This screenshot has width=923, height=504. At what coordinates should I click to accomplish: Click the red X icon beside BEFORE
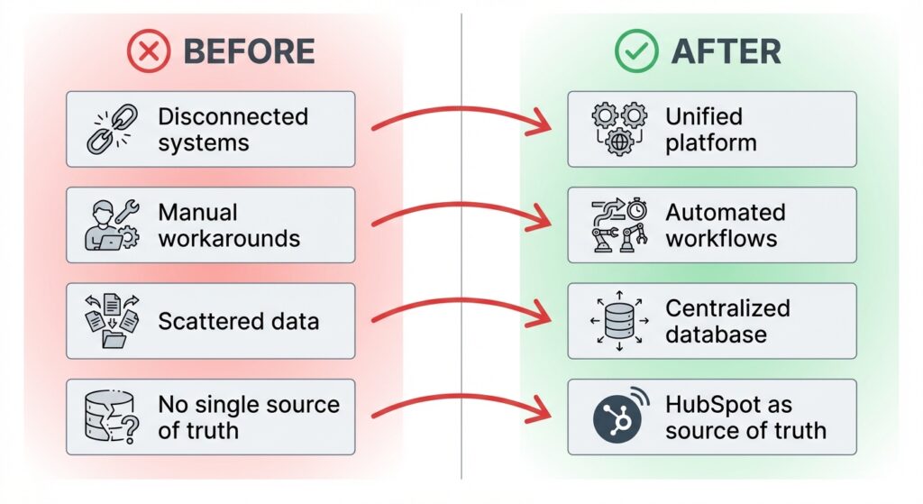[150, 51]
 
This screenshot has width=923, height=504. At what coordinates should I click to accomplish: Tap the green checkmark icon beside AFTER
[637, 51]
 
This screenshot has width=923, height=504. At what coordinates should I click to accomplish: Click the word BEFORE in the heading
[249, 51]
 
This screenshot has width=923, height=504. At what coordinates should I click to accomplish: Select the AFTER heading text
[727, 51]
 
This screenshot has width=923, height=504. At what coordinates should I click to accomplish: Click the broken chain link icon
[109, 129]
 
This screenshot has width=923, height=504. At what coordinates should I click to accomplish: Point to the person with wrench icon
[109, 225]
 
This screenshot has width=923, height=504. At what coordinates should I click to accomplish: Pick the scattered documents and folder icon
[109, 321]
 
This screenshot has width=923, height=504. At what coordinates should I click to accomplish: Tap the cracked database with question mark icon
[109, 417]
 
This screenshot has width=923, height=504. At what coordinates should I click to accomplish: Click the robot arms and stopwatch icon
[618, 225]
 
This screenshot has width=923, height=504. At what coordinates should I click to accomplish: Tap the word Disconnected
[233, 117]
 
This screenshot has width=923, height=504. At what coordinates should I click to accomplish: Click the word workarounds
[229, 239]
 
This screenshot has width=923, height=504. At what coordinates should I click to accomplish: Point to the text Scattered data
[238, 321]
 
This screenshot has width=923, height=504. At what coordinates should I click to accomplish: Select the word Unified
[704, 117]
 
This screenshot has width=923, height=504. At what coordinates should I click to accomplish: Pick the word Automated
[726, 213]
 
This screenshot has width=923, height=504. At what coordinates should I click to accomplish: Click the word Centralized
[727, 308]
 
